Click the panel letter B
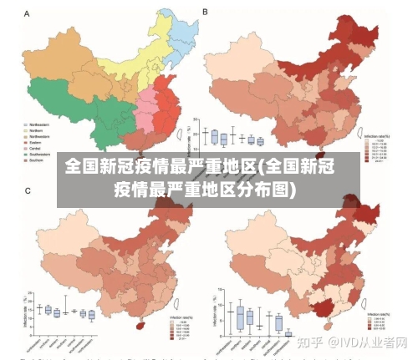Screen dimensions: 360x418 click(206, 13)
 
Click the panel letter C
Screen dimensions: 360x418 click(26, 191)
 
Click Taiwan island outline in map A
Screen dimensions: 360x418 click(178, 129)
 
